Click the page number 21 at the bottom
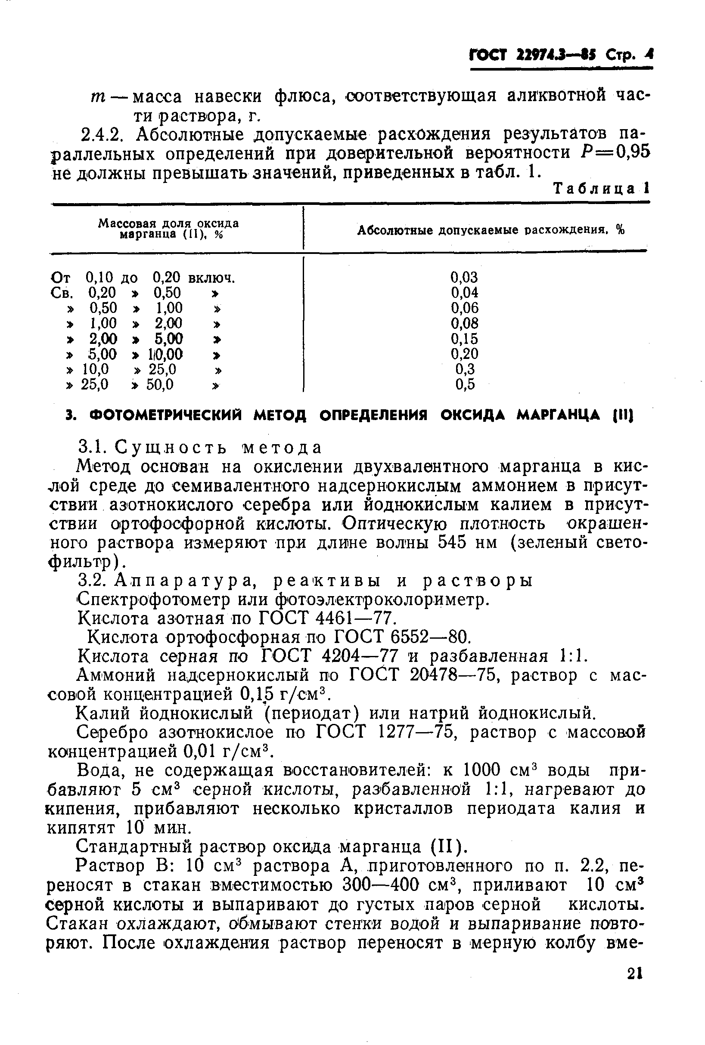pos(634,982)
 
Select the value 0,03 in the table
pos(464,277)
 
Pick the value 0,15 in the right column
pos(464,339)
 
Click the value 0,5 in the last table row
pos(465,385)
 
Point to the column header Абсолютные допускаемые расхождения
pos(491,230)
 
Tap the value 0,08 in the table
pos(464,324)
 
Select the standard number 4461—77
pos(355,618)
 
